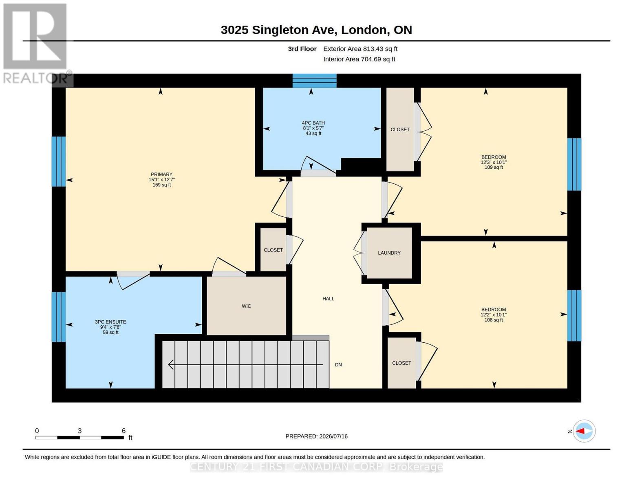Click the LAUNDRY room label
click(x=389, y=253)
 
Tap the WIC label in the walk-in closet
click(x=246, y=306)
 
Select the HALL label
click(x=328, y=299)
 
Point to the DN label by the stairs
click(x=338, y=365)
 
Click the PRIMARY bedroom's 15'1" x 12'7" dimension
click(x=161, y=180)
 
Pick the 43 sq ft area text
click(x=313, y=133)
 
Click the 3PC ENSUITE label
click(x=110, y=322)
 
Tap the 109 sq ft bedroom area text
click(x=494, y=167)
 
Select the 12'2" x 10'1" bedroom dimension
click(x=494, y=315)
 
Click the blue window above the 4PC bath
click(x=314, y=81)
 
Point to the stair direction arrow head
click(x=171, y=364)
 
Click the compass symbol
click(x=584, y=431)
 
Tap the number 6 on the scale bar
click(x=124, y=430)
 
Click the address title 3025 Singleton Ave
click(x=279, y=30)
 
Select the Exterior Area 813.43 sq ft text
click(x=360, y=49)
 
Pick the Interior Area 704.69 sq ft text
click(x=359, y=59)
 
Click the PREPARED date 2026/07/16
click(x=333, y=436)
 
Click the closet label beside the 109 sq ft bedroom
click(x=400, y=130)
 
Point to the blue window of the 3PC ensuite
click(x=59, y=317)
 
